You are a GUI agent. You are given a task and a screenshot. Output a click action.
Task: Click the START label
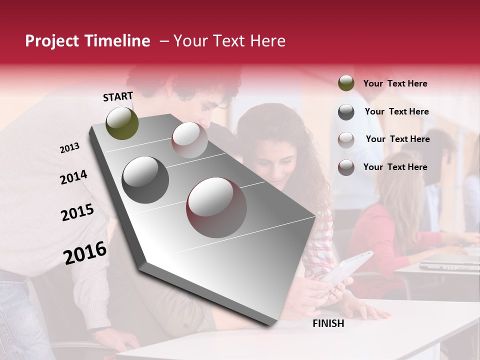(x=118, y=96)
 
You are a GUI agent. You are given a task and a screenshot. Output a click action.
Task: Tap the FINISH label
(x=328, y=323)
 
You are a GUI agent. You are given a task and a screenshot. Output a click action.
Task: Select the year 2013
(x=69, y=148)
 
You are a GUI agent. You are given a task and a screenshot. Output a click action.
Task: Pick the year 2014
(x=73, y=177)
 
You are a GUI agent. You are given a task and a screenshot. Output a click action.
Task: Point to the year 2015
(x=77, y=213)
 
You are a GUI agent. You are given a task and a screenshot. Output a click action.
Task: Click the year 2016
(x=85, y=253)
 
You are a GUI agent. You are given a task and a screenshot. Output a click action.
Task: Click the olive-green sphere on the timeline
(x=122, y=123)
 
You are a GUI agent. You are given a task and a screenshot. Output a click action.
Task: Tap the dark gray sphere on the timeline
(x=145, y=180)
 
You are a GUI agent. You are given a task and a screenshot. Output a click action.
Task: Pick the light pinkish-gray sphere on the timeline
(x=189, y=140)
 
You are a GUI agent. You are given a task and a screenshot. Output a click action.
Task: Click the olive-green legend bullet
(x=346, y=83)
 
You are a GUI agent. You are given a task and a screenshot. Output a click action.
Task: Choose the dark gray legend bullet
(x=346, y=112)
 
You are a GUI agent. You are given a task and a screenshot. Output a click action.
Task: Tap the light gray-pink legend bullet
(x=346, y=140)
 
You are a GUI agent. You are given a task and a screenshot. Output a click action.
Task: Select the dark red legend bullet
(x=346, y=167)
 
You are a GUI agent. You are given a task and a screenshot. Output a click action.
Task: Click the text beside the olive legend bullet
(x=395, y=83)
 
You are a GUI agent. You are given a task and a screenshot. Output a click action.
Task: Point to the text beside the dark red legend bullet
(x=395, y=167)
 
